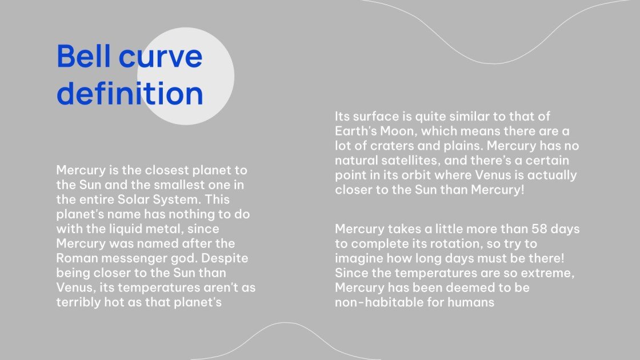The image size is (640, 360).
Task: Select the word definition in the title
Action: (130, 94)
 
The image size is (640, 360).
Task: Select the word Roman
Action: (78, 258)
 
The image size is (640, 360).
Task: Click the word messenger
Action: (137, 259)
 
